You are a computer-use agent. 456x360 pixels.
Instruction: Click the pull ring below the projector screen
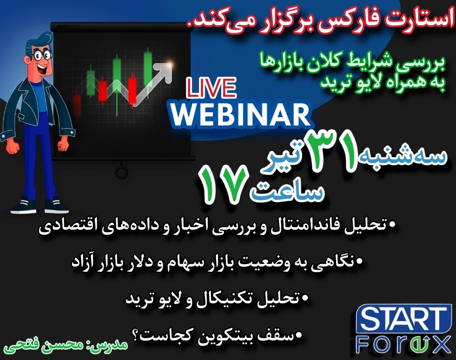point(121,172)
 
